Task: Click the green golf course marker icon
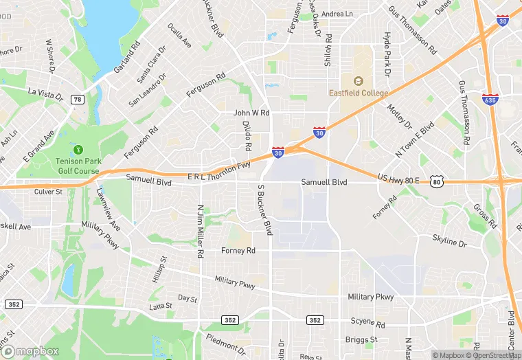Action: click(78, 149)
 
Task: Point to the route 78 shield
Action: click(78, 100)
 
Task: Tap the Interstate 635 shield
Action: click(490, 100)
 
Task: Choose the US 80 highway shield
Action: click(437, 181)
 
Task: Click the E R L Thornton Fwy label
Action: click(218, 172)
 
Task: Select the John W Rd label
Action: click(251, 113)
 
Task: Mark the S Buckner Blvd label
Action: click(264, 210)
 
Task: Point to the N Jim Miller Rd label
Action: click(200, 231)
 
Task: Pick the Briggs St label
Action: click(362, 339)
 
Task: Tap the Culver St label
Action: click(48, 192)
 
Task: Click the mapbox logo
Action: click(32, 350)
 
